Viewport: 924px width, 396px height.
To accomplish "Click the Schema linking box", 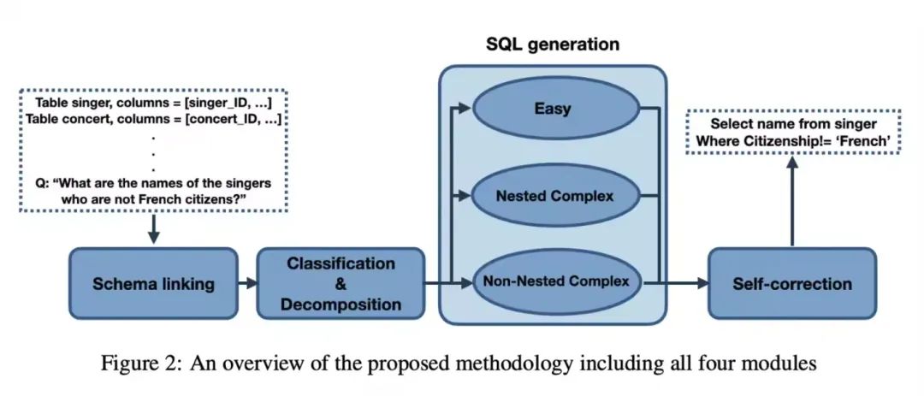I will pyautogui.click(x=154, y=284).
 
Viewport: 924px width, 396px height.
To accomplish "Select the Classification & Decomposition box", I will pyautogui.click(x=341, y=284).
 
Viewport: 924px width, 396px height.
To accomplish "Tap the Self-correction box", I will pyautogui.click(x=791, y=284).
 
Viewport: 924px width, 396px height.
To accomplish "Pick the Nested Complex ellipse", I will pyautogui.click(x=555, y=196).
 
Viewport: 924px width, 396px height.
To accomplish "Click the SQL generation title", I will pyautogui.click(x=553, y=44).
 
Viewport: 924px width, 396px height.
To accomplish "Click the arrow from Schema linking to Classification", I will pyautogui.click(x=247, y=284).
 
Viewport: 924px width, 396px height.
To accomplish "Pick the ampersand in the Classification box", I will pyautogui.click(x=341, y=284).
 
